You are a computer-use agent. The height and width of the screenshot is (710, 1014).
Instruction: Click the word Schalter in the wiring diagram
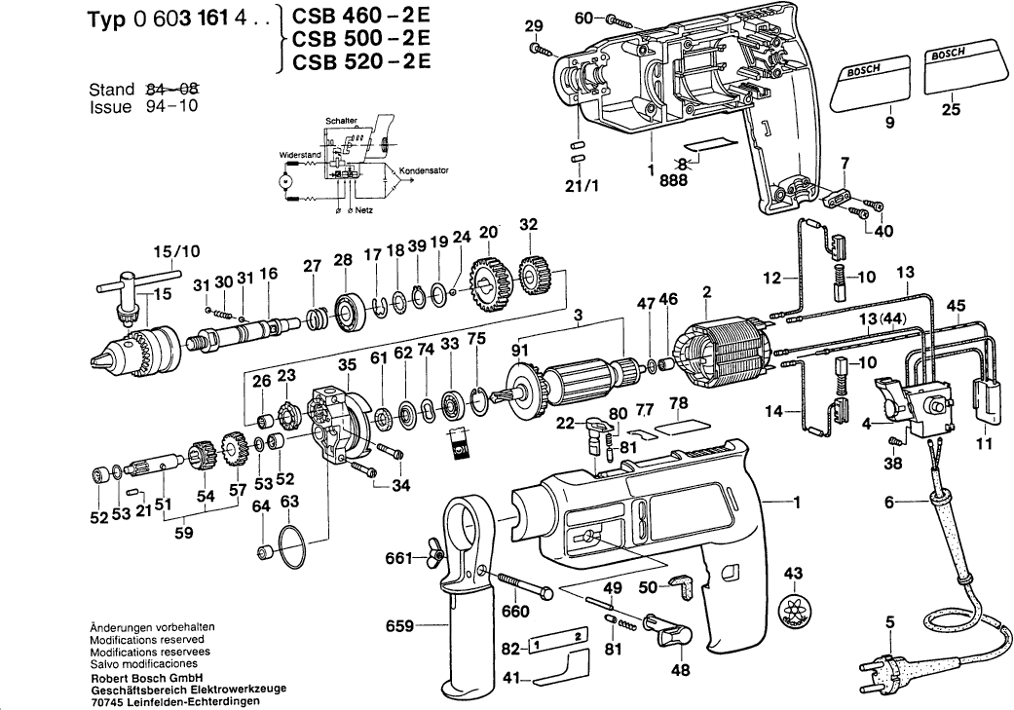click(x=343, y=119)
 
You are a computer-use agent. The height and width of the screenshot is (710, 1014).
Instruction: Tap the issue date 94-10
click(x=168, y=106)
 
